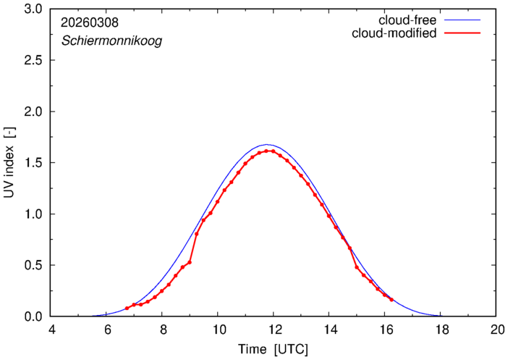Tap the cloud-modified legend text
tap(394, 33)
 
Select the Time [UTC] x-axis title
tap(274, 349)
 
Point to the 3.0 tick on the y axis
tap(34, 9)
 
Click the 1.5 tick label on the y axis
tap(34, 163)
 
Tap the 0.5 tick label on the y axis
tap(34, 265)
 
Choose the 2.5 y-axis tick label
tap(34, 61)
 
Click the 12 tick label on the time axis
tap(274, 330)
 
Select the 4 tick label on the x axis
tap(51, 330)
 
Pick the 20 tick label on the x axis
tap(496, 330)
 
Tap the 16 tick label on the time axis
tap(385, 330)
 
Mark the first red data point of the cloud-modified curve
tap(127, 309)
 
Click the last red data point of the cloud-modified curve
tap(391, 299)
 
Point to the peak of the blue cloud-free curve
tap(268, 145)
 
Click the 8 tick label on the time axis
tap(162, 330)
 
